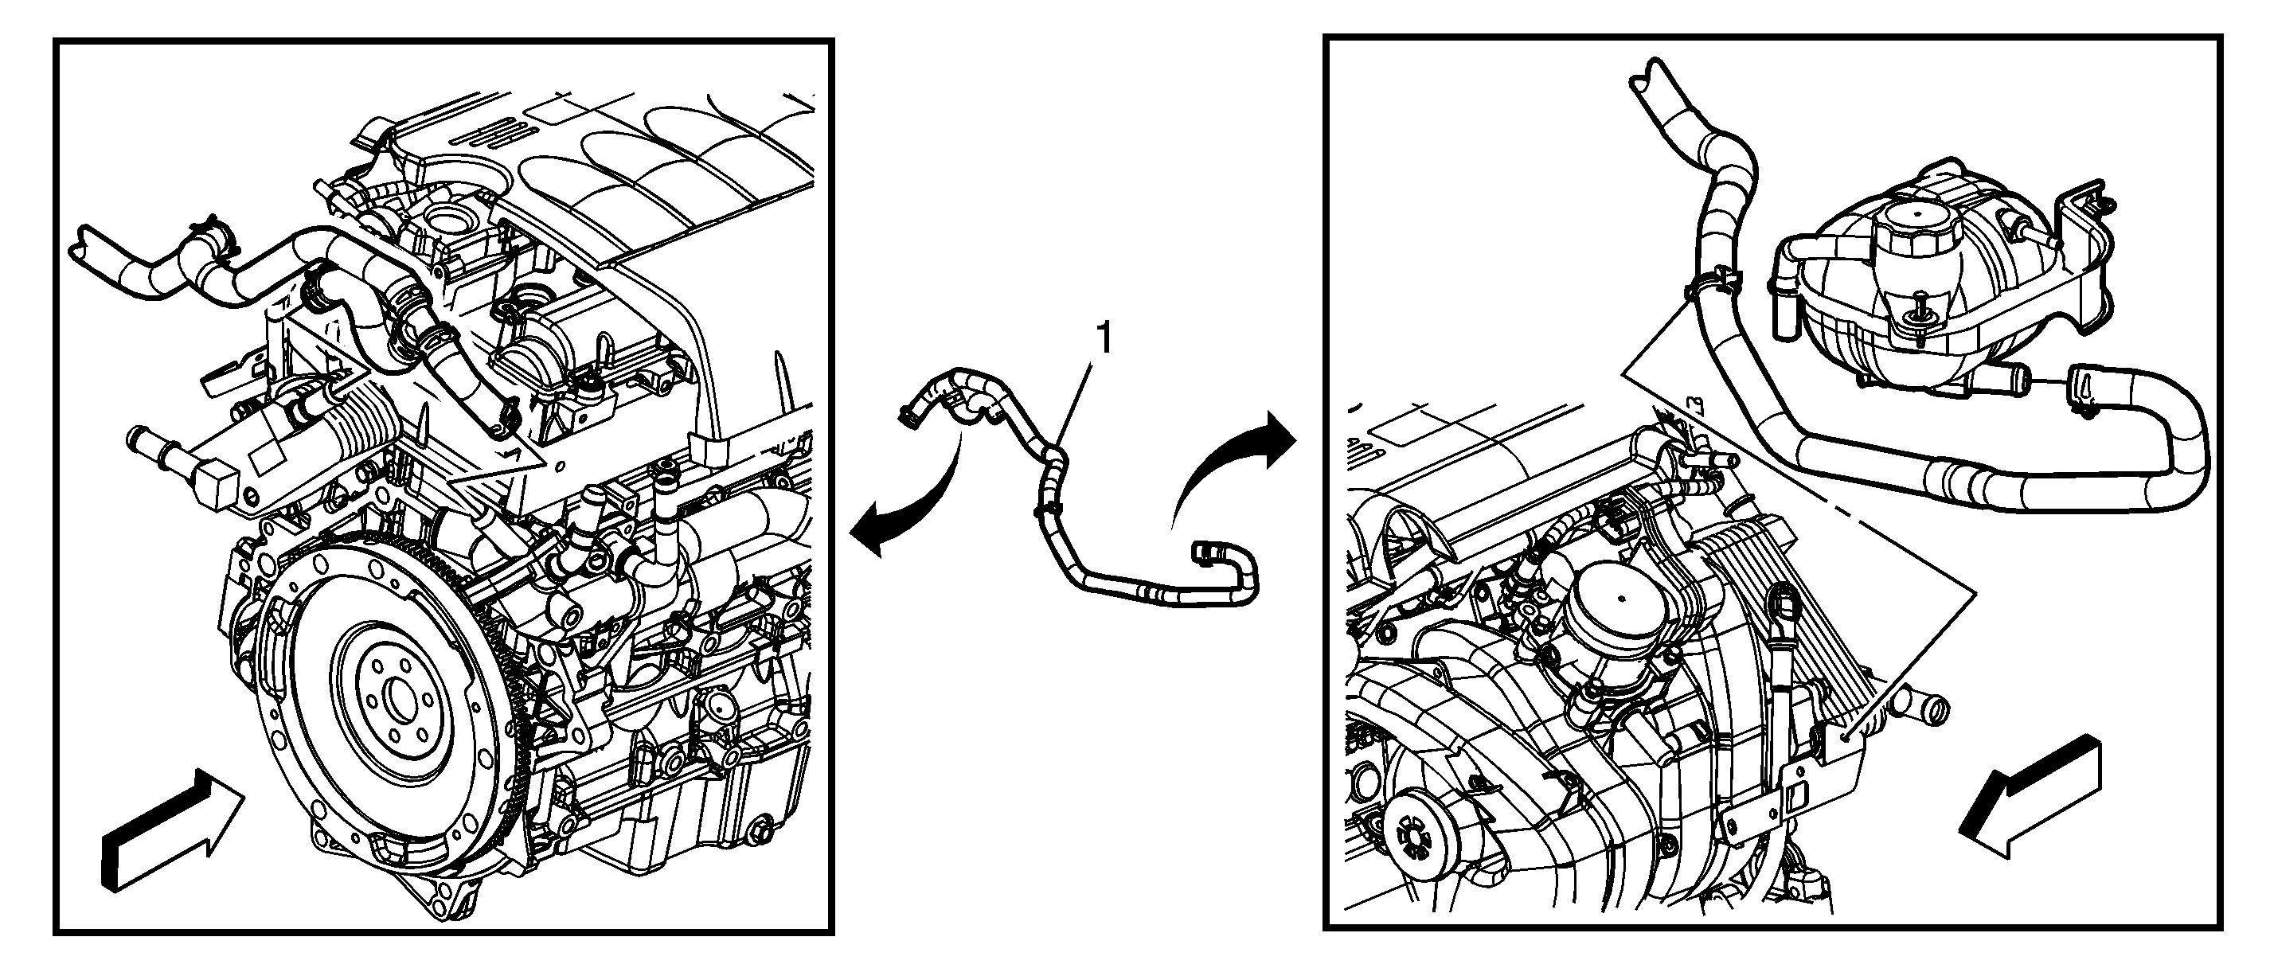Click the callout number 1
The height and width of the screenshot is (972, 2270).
(1103, 339)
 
